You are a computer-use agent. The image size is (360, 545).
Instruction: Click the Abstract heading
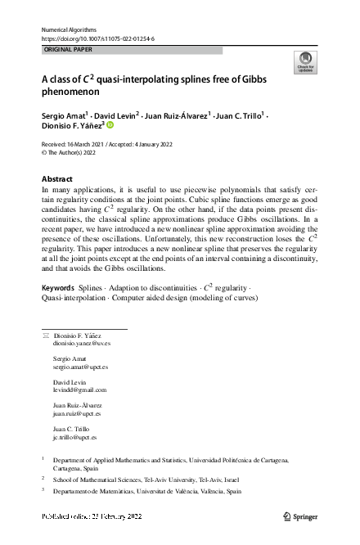coord(60,178)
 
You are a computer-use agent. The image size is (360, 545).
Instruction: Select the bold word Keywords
coord(59,288)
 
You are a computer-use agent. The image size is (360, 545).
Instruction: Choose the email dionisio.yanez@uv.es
coord(80,345)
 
